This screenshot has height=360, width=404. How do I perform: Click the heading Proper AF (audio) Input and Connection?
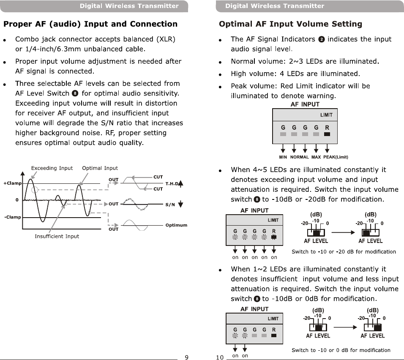90,24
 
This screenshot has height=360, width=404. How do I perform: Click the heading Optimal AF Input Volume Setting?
290,24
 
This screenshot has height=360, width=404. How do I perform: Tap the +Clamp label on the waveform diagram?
13,183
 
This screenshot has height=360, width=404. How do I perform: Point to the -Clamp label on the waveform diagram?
13,217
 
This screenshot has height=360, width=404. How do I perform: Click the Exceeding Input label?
52,168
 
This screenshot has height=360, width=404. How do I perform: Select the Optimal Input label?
100,168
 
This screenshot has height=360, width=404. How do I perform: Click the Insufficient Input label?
57,236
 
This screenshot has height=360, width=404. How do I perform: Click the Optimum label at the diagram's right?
176,225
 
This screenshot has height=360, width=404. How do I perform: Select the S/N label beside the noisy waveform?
170,205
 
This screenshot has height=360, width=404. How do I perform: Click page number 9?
186,357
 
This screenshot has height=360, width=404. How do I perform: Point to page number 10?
220,357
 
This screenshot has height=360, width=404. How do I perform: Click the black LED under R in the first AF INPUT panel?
327,135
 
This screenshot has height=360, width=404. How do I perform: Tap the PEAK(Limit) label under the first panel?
336,157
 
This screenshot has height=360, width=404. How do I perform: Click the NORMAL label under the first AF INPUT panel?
299,157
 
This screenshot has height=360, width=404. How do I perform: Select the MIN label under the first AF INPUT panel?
283,157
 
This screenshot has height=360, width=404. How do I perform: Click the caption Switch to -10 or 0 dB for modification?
341,350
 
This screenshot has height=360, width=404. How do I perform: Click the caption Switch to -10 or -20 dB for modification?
344,252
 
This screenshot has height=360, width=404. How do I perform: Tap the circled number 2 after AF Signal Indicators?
322,39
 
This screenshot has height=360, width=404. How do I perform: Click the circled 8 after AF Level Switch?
75,93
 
